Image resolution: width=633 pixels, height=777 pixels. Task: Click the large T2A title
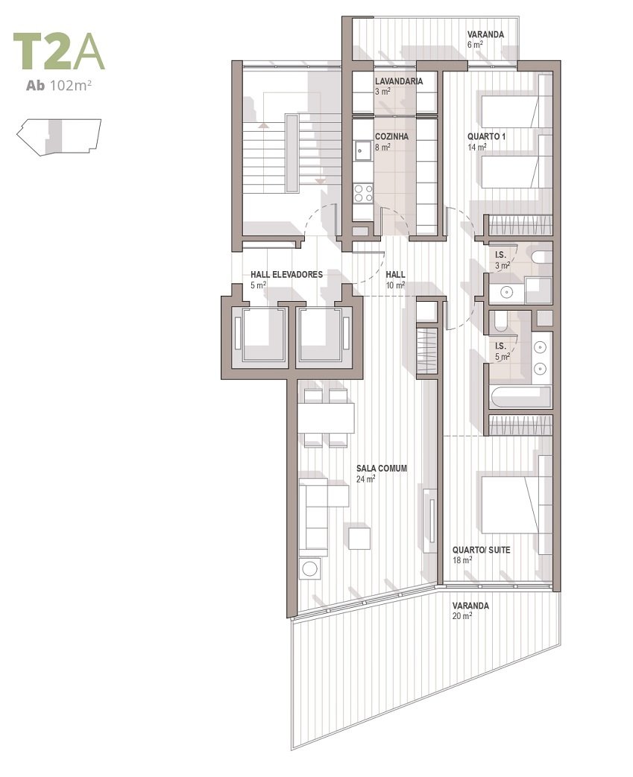[59, 51]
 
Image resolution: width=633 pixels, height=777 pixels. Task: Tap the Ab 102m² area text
[59, 85]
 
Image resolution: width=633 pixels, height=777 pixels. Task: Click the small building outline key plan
[59, 137]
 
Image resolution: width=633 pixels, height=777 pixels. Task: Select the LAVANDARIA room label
[399, 81]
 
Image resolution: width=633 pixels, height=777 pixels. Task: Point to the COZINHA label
[391, 136]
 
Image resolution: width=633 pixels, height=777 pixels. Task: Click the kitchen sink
[362, 152]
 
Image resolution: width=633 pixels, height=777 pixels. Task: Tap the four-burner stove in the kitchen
[362, 193]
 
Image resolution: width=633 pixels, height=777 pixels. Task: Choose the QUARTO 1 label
[486, 136]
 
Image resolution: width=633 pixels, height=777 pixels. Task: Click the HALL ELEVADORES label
[287, 275]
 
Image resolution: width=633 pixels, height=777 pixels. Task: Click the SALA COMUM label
[382, 469]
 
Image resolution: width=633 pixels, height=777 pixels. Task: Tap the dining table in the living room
[326, 419]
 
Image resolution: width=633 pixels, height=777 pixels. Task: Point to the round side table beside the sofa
[310, 568]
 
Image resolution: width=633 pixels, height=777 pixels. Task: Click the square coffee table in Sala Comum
[359, 539]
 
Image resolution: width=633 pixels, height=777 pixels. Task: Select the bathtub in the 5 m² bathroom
[520, 398]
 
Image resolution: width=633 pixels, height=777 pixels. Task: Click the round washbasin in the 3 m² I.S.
[506, 292]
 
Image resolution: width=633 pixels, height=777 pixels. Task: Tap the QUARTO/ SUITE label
[481, 550]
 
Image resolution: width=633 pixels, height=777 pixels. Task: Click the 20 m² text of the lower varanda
[462, 616]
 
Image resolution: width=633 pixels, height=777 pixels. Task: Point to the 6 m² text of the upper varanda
[475, 45]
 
